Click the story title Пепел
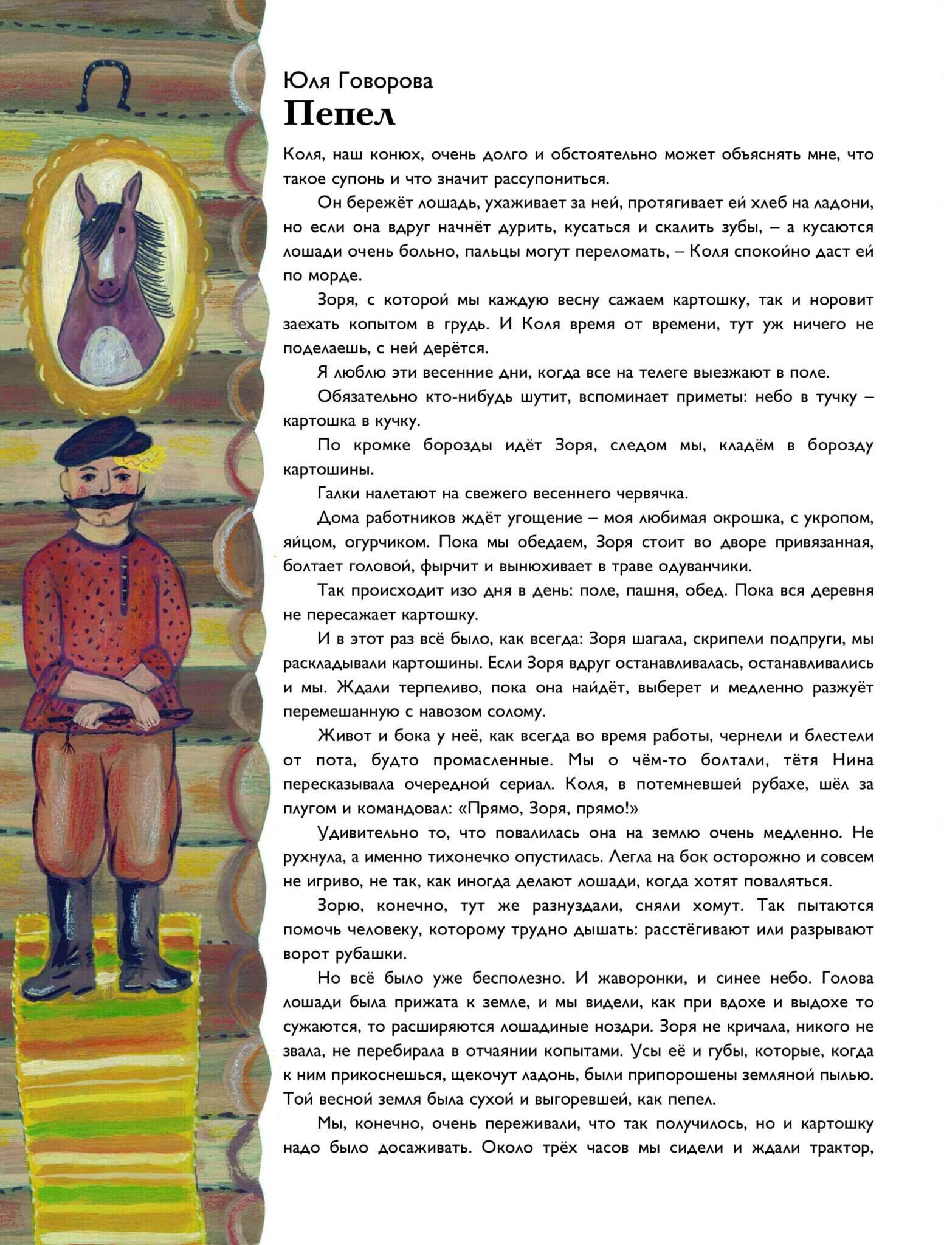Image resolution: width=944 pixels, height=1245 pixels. (x=339, y=114)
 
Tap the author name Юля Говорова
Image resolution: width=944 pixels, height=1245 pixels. (x=357, y=81)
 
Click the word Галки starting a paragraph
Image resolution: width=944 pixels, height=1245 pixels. (x=339, y=493)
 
